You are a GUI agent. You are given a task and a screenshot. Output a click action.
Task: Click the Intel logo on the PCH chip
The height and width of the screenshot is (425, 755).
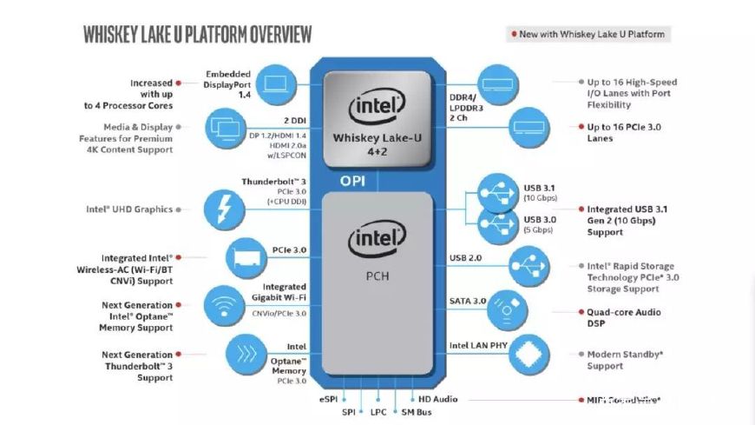(x=377, y=239)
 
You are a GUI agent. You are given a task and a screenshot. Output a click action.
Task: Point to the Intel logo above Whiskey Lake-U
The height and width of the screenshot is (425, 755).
(x=377, y=109)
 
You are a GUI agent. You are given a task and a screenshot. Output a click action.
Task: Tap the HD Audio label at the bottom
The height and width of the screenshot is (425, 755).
(x=437, y=399)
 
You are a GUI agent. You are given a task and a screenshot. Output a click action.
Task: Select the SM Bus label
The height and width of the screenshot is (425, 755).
(x=414, y=411)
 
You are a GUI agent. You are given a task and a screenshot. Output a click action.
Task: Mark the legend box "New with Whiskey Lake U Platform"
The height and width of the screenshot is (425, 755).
(x=588, y=34)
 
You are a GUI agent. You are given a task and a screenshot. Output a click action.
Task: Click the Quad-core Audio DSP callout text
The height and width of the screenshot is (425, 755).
(x=624, y=317)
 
